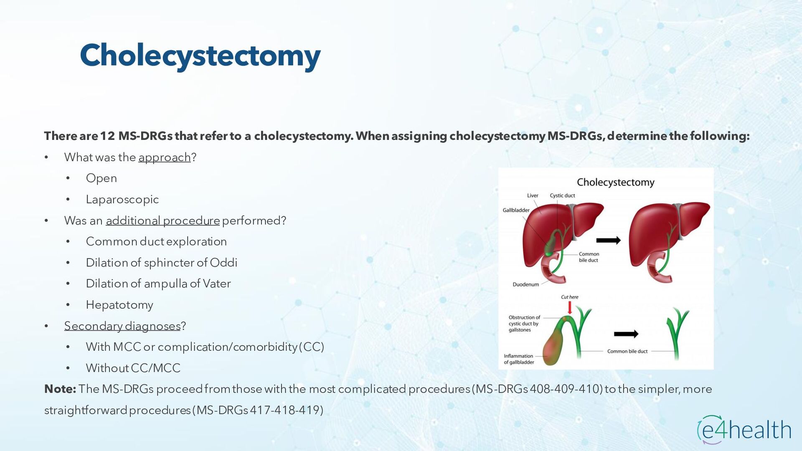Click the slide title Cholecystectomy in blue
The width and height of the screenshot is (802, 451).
200,56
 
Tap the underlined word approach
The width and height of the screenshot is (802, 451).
164,157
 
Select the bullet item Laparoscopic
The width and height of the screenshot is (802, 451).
122,200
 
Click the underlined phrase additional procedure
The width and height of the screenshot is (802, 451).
162,220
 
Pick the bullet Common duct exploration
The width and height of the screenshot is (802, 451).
156,242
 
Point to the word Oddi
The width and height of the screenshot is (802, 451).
223,263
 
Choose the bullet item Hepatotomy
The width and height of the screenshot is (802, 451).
119,305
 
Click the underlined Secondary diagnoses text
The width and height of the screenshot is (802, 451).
122,326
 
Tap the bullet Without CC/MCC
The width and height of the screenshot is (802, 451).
133,368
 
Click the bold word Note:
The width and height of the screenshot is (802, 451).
60,389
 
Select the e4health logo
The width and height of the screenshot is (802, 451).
744,429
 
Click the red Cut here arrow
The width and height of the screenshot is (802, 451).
569,308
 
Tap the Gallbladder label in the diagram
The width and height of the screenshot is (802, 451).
516,210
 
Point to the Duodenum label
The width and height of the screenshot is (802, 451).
525,284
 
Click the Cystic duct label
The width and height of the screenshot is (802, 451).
562,195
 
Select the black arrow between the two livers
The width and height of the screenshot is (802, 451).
608,240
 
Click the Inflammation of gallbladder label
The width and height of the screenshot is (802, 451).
519,359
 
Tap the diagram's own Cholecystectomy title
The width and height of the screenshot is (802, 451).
615,182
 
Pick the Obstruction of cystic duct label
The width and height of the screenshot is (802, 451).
524,324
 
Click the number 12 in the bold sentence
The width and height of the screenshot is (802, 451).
107,136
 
